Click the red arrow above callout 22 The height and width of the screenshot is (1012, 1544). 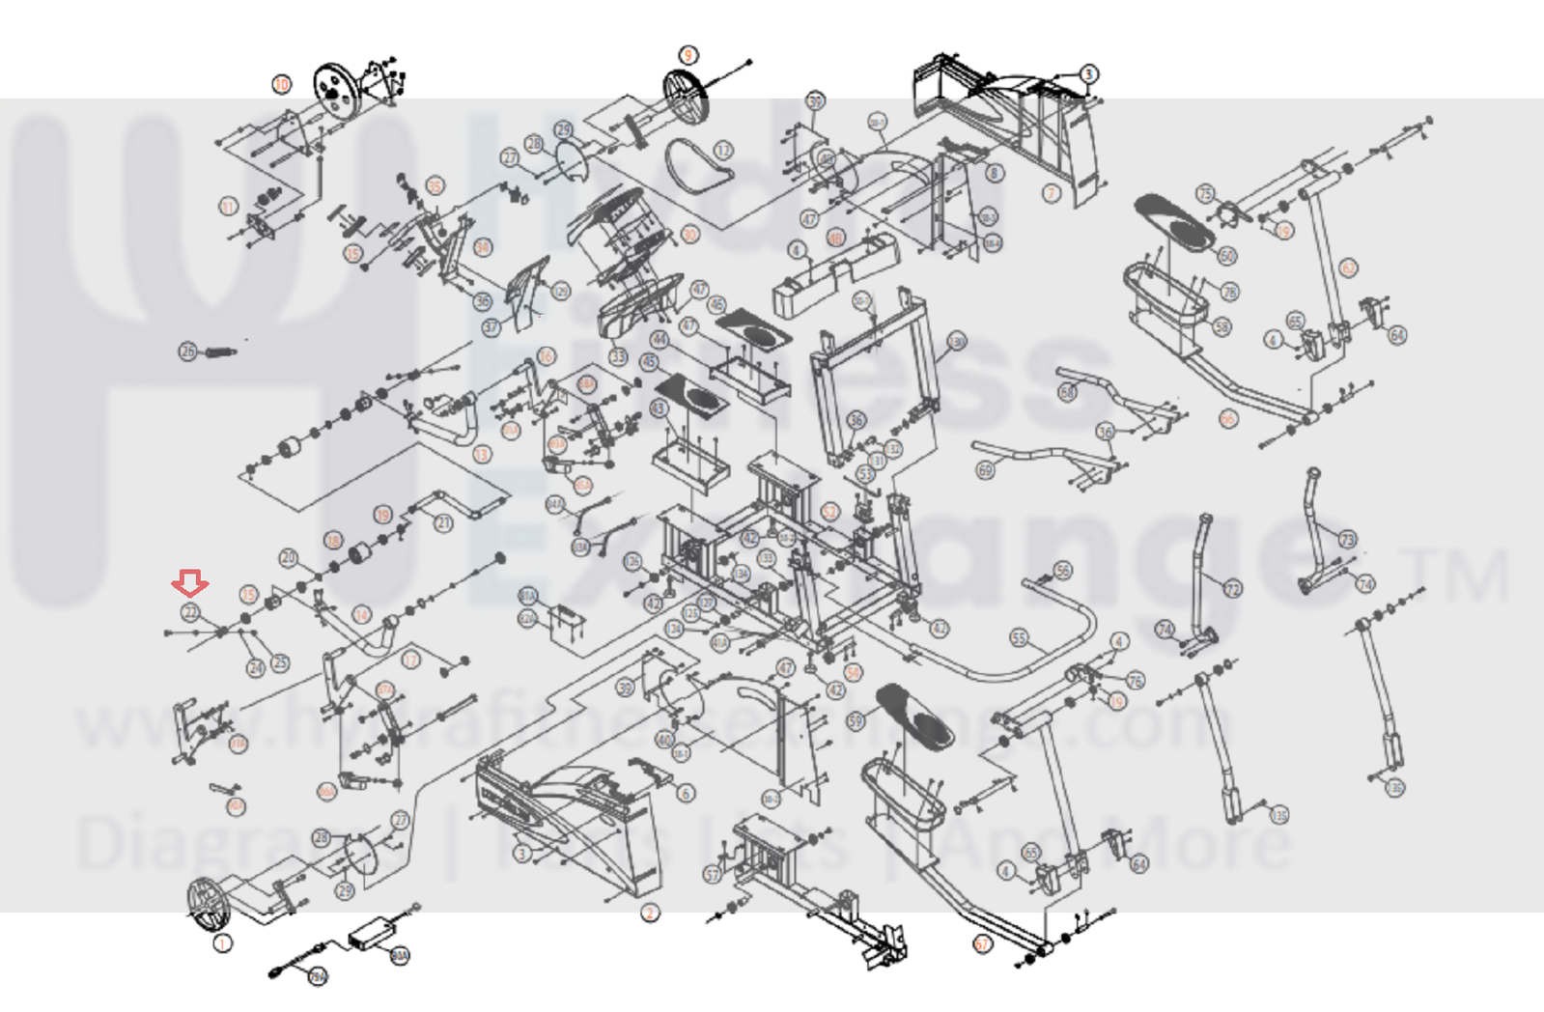coord(190,583)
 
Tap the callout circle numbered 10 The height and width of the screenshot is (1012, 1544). coord(281,84)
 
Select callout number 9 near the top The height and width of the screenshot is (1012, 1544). coord(688,55)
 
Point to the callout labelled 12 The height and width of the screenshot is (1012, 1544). coord(724,150)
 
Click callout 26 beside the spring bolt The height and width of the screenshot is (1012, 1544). coord(188,351)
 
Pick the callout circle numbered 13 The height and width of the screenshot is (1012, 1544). coord(482,453)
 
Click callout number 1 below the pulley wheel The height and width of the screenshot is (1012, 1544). coord(223,942)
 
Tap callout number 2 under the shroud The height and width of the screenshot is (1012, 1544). coord(650,913)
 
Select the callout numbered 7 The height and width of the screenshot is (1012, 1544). coord(1053,193)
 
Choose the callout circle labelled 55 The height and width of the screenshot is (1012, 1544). coord(1020,638)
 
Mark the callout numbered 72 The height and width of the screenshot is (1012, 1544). coord(1233,588)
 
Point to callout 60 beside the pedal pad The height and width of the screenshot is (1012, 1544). coord(1227,256)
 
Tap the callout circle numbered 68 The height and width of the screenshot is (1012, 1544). coord(1067,392)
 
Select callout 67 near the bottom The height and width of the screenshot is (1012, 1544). coord(983,943)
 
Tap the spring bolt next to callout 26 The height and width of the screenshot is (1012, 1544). coord(217,351)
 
